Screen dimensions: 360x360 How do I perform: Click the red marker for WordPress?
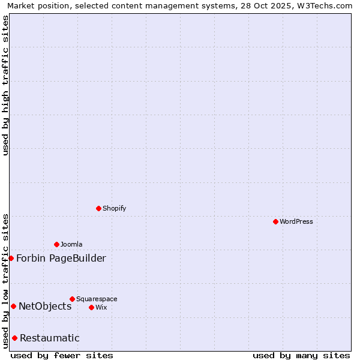275,221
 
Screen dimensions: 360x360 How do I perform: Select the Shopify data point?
98,208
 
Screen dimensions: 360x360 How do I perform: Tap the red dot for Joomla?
56,244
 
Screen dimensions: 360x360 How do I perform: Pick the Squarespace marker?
72,299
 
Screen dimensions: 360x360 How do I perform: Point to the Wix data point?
91,307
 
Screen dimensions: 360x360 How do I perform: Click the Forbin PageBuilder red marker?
11,258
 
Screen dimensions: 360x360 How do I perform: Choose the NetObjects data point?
13,306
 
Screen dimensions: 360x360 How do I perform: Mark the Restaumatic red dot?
14,338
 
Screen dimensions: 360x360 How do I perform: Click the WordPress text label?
296,221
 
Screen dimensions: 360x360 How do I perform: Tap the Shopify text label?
115,208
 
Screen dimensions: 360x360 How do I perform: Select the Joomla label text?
71,244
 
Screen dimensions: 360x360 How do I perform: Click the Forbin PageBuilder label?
61,259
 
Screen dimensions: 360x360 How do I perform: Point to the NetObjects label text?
45,307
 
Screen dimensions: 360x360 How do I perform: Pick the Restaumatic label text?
50,338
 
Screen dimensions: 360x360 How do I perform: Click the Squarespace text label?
97,299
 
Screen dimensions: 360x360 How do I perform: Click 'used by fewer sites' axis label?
62,355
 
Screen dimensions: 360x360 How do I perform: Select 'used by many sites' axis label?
301,355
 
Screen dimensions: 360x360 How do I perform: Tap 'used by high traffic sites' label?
6,85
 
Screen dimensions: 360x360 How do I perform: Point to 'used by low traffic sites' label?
6,281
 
